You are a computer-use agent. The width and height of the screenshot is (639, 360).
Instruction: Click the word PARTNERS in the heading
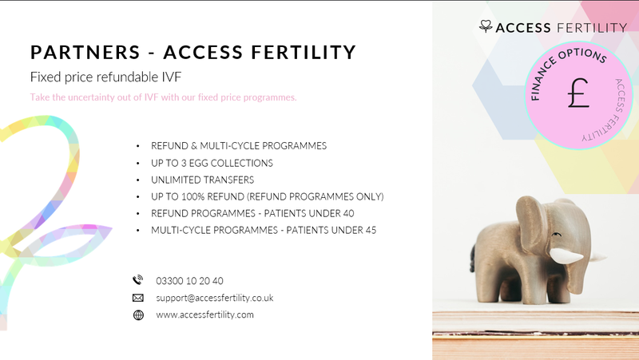pos(85,52)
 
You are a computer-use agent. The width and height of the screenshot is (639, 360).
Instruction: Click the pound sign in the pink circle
pos(578,93)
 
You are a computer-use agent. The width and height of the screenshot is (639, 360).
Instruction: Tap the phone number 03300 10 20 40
pos(189,281)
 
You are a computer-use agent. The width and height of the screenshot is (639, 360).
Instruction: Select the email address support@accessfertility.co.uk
pos(214,298)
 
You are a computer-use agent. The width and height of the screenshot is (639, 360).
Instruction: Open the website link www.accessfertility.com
pos(204,315)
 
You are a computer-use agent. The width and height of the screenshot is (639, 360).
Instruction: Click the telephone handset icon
pos(137,280)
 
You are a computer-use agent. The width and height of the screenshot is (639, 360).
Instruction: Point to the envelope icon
pos(138,298)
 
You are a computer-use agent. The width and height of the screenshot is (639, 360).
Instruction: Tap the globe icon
pos(138,315)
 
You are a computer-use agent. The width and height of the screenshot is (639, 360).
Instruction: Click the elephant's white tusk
pos(566,255)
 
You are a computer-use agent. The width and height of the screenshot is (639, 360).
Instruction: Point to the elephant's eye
pos(556,235)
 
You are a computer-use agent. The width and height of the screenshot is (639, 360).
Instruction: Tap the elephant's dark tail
pos(473,257)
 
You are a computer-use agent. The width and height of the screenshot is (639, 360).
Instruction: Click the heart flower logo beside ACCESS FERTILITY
pos(486,26)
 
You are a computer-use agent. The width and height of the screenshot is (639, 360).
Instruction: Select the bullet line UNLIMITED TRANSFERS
pos(203,180)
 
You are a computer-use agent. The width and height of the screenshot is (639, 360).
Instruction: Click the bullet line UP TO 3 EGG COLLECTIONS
pos(212,164)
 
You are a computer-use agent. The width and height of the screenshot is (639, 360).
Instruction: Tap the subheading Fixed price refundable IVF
pos(105,77)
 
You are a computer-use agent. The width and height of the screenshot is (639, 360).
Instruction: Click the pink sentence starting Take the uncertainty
pos(164,97)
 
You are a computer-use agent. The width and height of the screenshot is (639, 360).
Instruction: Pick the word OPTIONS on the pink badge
pos(584,54)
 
